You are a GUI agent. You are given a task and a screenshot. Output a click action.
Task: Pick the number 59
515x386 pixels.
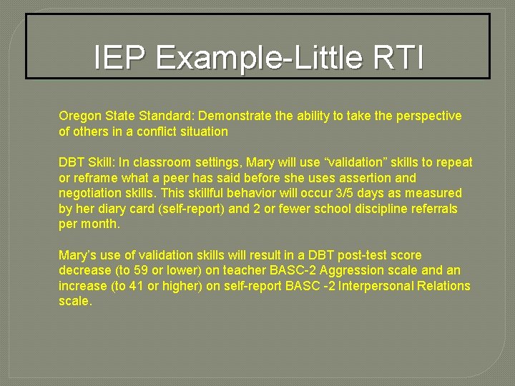click(142, 271)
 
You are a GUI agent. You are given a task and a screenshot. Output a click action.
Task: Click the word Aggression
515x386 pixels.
click(355, 271)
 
